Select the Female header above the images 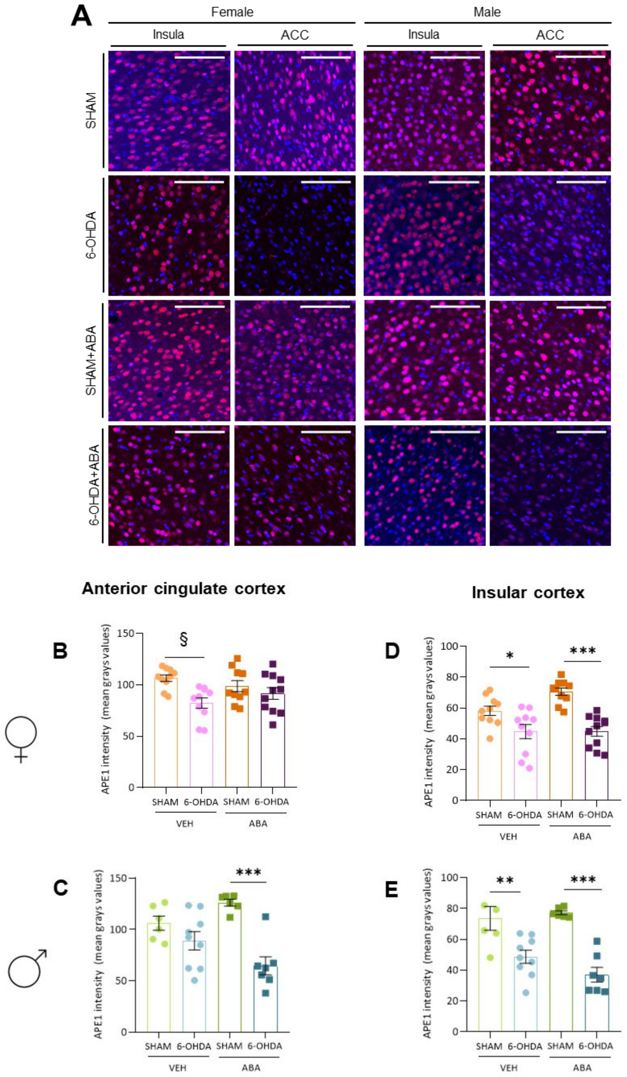[232, 12]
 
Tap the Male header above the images [487, 12]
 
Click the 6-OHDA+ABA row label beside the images [94, 485]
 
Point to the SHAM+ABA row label [91, 360]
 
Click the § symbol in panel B [184, 639]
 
